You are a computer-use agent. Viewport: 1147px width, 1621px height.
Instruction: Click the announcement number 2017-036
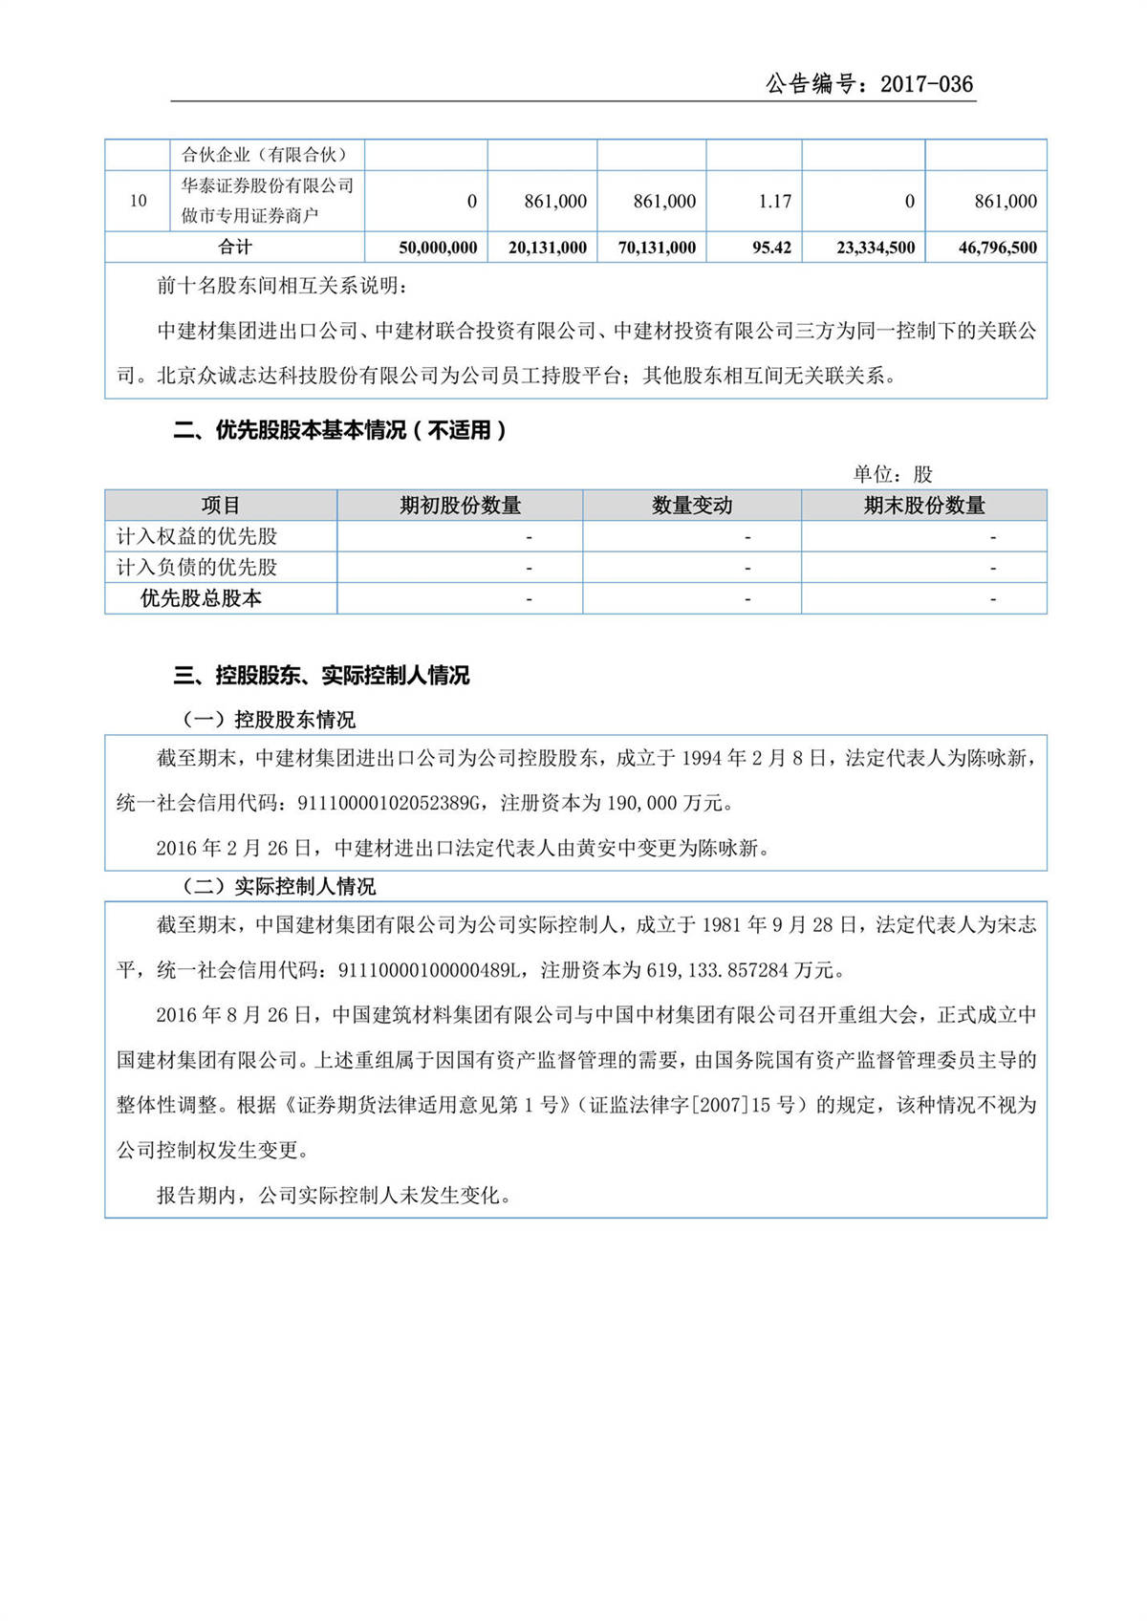tap(926, 84)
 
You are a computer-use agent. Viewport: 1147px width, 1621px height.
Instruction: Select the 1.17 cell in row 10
tap(774, 202)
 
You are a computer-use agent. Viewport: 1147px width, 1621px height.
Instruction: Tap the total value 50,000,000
tap(438, 248)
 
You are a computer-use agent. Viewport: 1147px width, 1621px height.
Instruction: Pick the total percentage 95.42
tap(771, 248)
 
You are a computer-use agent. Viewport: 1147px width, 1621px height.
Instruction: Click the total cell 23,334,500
tap(876, 248)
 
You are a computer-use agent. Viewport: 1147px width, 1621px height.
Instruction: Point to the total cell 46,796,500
tap(997, 248)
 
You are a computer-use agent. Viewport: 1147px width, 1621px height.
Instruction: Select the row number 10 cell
tap(139, 201)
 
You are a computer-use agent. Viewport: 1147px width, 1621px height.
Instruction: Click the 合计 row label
tap(234, 247)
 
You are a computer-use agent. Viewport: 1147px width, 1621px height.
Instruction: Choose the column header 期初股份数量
tap(460, 506)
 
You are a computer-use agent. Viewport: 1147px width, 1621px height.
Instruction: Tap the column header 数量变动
tap(692, 506)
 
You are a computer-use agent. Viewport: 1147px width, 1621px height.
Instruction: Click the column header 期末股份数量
tap(923, 506)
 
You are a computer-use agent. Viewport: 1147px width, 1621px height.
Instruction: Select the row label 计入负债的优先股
tap(197, 568)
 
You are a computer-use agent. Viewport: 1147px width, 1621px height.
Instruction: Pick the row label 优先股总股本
tap(201, 598)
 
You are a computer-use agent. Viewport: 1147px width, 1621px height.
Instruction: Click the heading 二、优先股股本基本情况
tap(339, 431)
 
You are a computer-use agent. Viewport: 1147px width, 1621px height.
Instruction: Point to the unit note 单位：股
tap(892, 474)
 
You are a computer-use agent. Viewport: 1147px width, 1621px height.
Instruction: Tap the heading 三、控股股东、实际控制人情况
tap(321, 676)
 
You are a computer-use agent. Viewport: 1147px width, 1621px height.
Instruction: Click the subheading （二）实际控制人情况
tap(278, 887)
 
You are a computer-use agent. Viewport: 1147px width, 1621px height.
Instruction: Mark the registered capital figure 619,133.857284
tap(717, 971)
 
